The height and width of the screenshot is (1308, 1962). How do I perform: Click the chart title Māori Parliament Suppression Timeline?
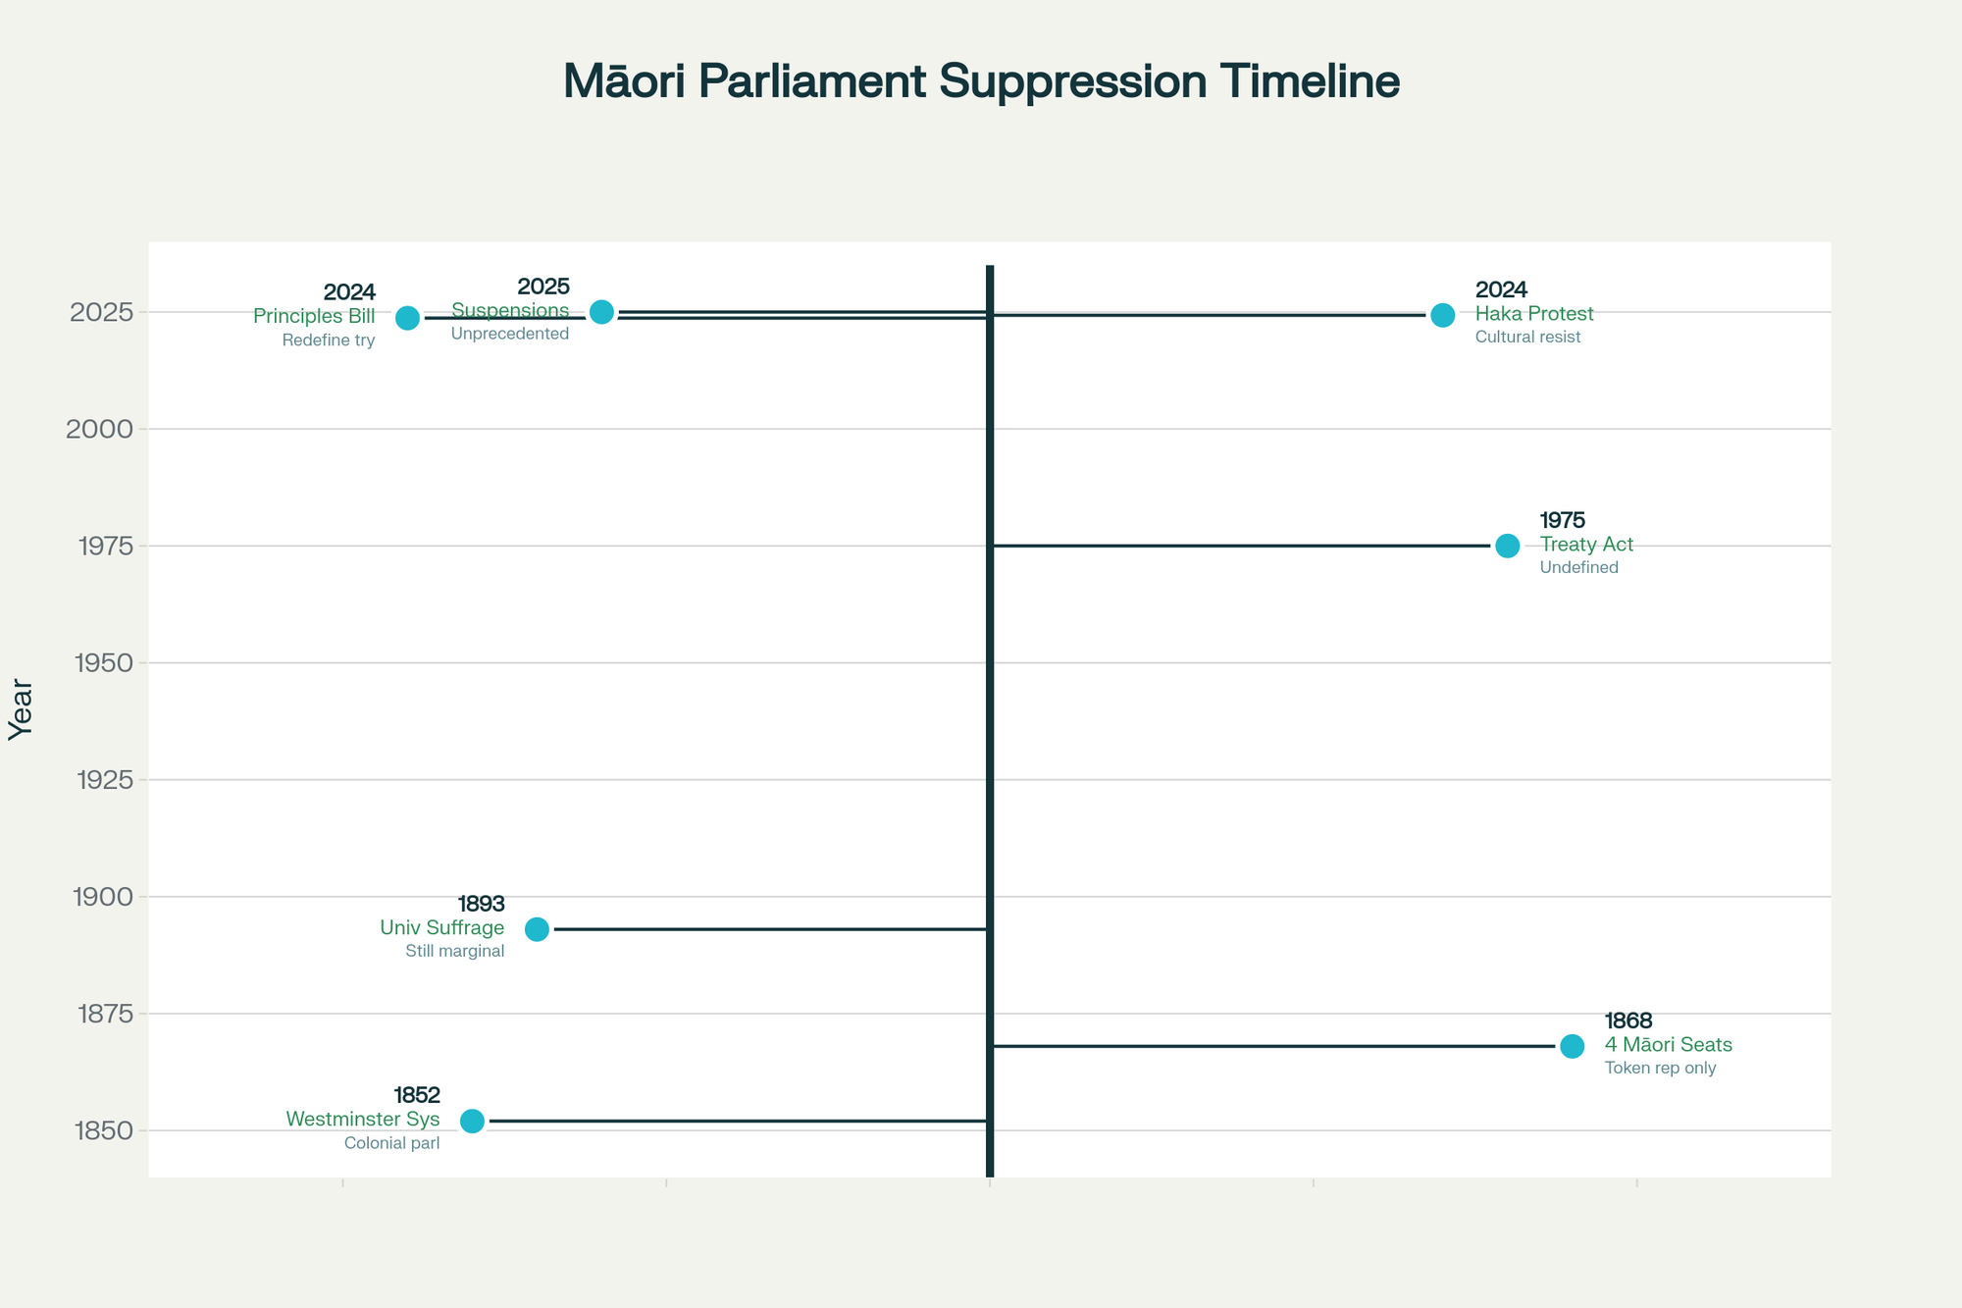(x=981, y=81)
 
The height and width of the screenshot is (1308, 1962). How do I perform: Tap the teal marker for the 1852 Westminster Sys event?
(x=472, y=1121)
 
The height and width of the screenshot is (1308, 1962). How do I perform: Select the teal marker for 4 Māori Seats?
(x=1572, y=1046)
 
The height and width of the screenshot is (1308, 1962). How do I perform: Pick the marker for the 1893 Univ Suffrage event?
(x=537, y=929)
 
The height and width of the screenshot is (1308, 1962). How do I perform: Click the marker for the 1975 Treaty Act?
(x=1507, y=546)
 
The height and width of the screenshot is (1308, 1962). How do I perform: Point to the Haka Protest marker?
(x=1442, y=315)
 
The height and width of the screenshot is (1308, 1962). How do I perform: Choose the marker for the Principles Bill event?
(x=407, y=318)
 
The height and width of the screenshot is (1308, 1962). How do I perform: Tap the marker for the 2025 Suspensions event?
(x=601, y=312)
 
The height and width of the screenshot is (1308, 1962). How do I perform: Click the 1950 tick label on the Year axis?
(x=105, y=663)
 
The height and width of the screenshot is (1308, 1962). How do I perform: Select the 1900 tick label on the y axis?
(x=105, y=897)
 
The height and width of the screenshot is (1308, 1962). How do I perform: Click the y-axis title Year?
(x=22, y=709)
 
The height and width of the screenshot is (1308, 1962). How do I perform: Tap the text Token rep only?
(x=1660, y=1069)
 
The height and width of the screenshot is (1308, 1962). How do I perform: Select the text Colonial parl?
(x=391, y=1143)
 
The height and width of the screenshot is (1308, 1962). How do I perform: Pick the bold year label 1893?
(x=481, y=904)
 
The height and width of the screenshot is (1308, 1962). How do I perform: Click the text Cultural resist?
(x=1527, y=338)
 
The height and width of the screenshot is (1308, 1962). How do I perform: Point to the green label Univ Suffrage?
(x=441, y=928)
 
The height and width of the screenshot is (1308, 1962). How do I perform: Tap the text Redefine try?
(x=329, y=341)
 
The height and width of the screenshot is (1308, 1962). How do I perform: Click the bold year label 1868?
(x=1628, y=1021)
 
